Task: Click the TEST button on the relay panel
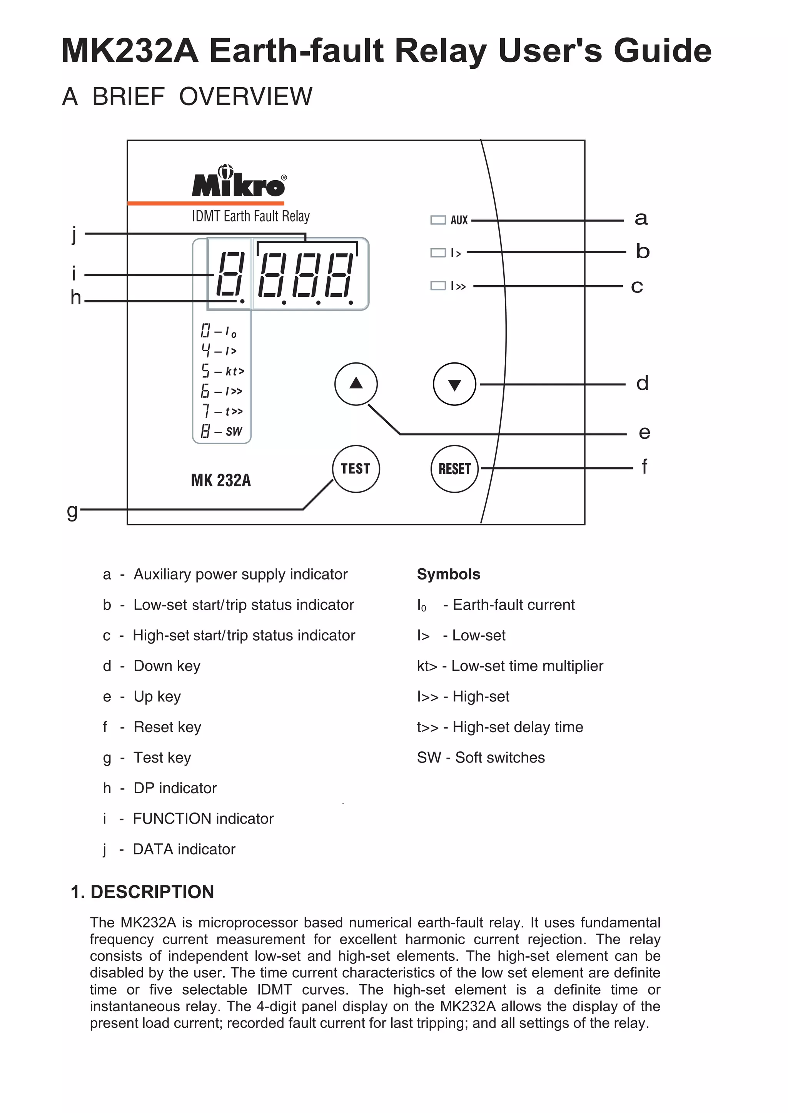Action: (356, 469)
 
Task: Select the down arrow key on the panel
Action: (454, 384)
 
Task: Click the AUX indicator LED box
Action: (437, 220)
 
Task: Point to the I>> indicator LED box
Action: (437, 286)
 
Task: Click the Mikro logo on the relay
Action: (239, 182)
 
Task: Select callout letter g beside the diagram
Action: (72, 510)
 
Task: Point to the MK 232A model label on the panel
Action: (221, 480)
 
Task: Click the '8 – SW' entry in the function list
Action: (221, 431)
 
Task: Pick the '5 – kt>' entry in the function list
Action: (222, 371)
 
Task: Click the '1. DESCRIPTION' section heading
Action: (142, 892)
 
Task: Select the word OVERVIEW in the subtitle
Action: (245, 96)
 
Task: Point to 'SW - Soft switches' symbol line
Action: (480, 757)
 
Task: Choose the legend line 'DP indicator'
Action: (175, 788)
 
